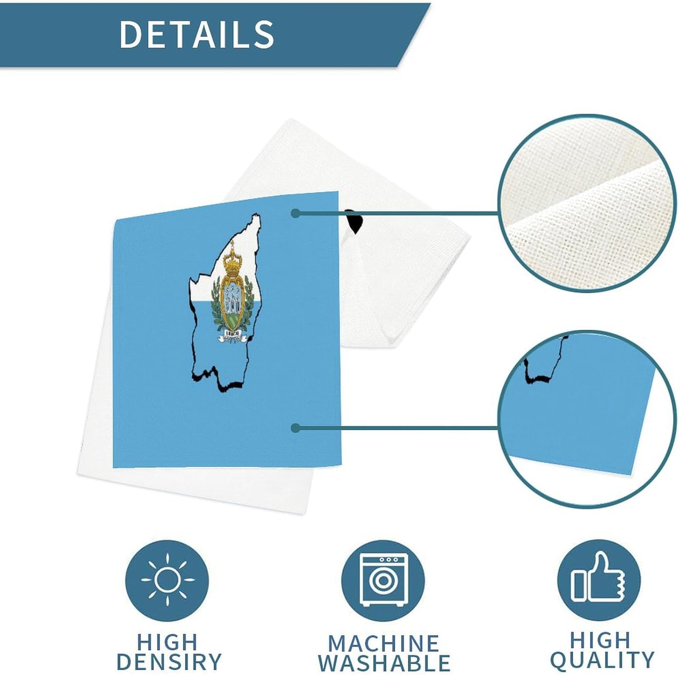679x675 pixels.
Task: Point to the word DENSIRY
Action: point(169,661)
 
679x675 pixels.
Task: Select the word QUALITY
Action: point(602,660)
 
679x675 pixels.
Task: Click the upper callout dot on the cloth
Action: point(296,213)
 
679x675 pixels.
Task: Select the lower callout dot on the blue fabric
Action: point(296,428)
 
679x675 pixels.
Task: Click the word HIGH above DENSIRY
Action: point(167,642)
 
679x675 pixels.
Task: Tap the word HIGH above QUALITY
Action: point(600,640)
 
